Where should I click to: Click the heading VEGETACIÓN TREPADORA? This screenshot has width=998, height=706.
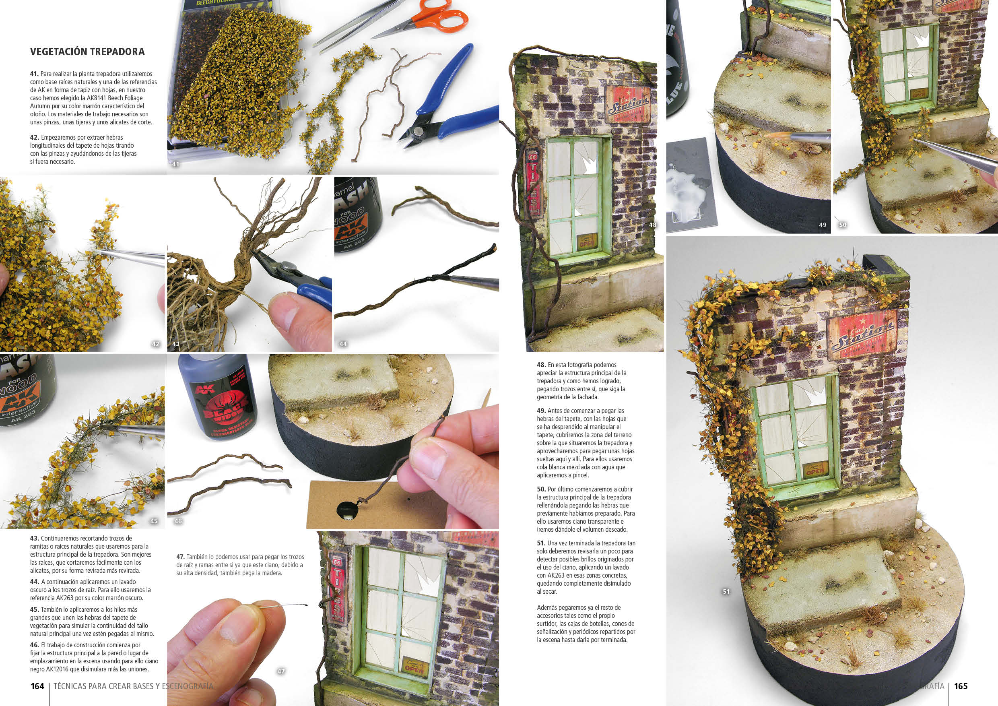(x=87, y=52)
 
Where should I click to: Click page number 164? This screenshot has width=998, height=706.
(x=37, y=686)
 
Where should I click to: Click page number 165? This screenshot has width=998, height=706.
(x=961, y=686)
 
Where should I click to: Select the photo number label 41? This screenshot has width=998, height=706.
(x=175, y=164)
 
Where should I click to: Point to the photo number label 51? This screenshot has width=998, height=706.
(x=726, y=592)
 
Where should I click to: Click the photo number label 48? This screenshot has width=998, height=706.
(x=652, y=225)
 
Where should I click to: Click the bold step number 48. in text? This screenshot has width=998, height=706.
(x=542, y=365)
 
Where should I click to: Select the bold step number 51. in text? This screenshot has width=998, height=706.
(x=541, y=543)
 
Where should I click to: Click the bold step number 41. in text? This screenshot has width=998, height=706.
(x=34, y=74)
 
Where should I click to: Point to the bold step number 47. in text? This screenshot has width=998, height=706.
(x=180, y=557)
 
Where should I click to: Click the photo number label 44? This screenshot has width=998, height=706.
(x=343, y=344)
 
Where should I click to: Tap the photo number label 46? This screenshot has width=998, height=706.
(x=178, y=521)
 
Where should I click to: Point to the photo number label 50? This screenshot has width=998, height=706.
(x=842, y=225)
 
